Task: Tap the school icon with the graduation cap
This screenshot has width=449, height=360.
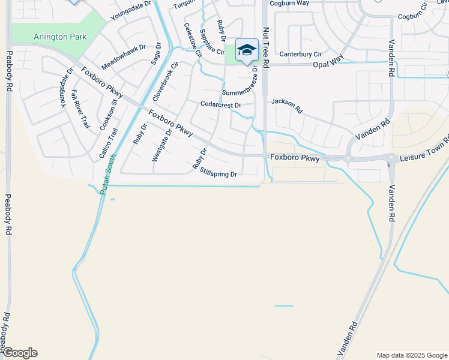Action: [x=247, y=50]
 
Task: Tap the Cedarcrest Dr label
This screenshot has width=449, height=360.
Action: [x=220, y=105]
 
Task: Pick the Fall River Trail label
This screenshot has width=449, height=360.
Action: [x=80, y=109]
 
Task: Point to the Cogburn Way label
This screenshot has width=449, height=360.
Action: [x=289, y=3]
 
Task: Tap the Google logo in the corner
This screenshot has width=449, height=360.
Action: [x=20, y=353]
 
